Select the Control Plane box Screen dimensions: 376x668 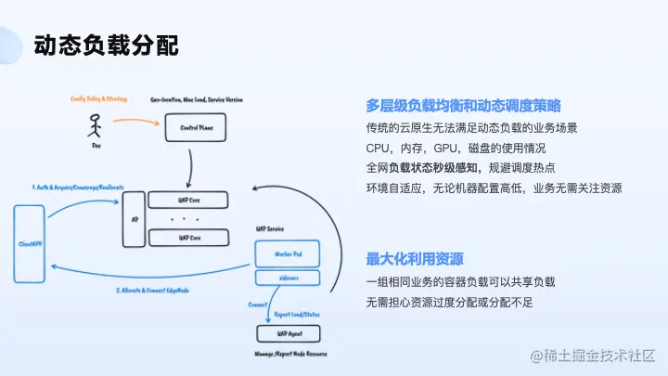[195, 127]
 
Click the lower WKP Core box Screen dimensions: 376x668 [188, 238]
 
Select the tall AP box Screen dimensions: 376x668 [135, 219]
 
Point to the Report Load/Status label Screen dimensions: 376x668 [296, 315]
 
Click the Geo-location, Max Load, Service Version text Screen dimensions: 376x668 [199, 98]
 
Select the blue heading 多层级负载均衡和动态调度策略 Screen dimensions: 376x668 [463, 105]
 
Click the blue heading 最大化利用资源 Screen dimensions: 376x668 [415, 258]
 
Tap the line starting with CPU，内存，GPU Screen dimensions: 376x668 [456, 148]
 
